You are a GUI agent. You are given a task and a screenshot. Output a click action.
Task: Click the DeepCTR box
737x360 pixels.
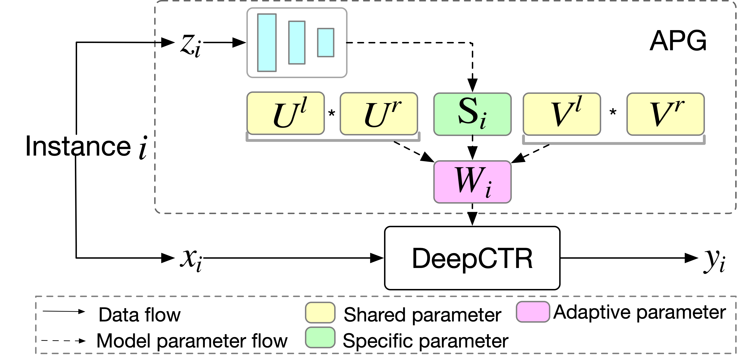[x=472, y=258]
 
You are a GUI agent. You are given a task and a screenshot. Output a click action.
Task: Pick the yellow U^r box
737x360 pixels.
[x=379, y=114]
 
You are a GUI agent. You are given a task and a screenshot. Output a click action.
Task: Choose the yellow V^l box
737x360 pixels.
[x=562, y=114]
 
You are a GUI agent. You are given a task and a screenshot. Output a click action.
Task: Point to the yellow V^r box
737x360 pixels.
[x=666, y=114]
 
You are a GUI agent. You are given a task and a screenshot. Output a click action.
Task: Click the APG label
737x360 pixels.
[x=677, y=42]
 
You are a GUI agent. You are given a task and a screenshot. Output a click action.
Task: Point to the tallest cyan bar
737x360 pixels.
[x=267, y=43]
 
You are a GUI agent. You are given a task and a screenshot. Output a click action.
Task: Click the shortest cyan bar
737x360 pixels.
[x=326, y=42]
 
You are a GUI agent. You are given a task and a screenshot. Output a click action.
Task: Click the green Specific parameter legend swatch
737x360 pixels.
[x=320, y=337]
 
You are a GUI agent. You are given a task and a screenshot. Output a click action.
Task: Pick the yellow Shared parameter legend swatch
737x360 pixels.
[x=320, y=313]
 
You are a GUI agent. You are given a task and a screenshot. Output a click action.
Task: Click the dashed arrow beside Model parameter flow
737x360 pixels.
[x=64, y=341]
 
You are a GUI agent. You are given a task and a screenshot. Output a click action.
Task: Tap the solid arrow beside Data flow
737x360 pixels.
[x=64, y=312]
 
